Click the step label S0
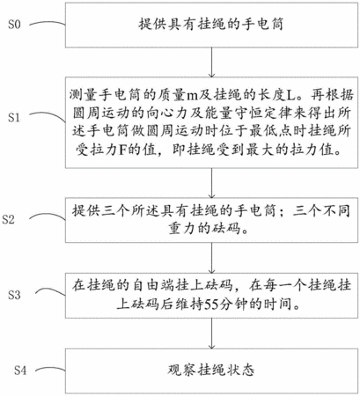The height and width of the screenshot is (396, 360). coord(14,25)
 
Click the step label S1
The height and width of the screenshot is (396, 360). coord(14,117)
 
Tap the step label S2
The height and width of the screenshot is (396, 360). coord(8,219)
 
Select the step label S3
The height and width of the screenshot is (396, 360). coord(14,295)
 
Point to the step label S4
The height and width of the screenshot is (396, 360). coord(20,370)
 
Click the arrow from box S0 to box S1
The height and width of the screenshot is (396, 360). coord(211,62)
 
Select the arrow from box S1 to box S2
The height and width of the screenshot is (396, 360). coord(211,183)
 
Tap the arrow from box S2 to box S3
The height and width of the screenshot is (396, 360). coord(211,258)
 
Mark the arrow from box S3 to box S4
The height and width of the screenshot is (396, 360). coord(211,334)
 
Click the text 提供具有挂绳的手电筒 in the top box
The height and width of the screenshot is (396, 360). coord(211,25)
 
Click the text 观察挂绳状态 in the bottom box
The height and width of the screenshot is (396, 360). coord(211,370)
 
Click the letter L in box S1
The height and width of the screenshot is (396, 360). coord(290,95)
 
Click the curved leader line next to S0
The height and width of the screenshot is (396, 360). coord(47,23)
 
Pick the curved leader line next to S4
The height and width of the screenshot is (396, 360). coord(50,369)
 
